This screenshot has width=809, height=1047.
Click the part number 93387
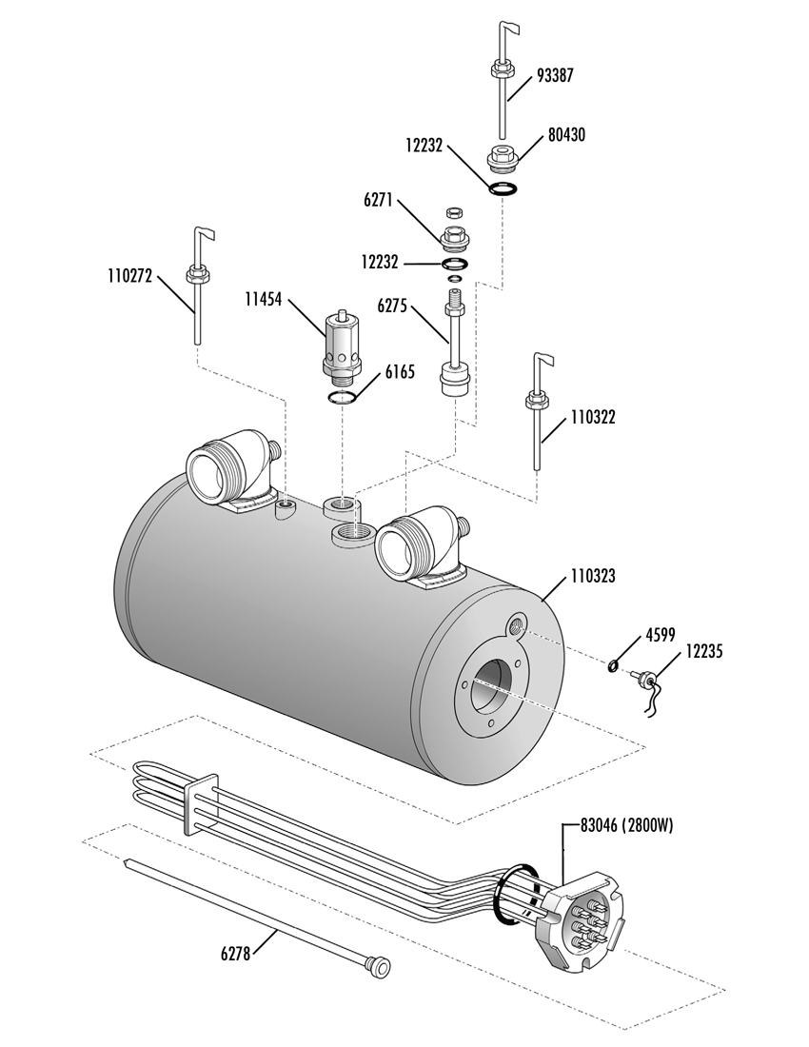pos(555,75)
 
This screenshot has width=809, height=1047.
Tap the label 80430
pos(566,135)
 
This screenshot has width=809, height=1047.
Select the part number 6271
pos(379,201)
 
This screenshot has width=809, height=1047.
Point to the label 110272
pos(130,275)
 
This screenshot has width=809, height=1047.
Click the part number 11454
pos(263,300)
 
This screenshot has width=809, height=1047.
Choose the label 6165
pos(400,371)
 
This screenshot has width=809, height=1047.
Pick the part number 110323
pos(593,576)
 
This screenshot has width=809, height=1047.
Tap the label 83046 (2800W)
pos(627,826)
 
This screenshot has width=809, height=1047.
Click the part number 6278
pos(235,954)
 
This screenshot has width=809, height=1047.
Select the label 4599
pos(661,634)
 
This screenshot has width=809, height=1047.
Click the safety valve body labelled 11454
pos(343,346)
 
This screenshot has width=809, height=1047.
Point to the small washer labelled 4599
pos(612,665)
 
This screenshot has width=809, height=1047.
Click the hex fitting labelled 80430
pos(503,158)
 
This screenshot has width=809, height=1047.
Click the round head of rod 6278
pos(381,966)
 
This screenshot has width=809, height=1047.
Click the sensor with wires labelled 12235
pos(646,689)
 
